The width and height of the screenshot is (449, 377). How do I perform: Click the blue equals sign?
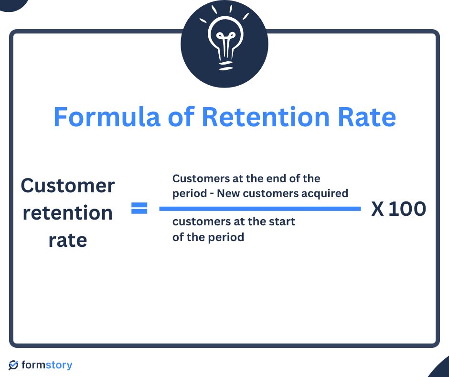click(139, 209)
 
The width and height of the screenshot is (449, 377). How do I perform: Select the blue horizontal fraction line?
click(260, 209)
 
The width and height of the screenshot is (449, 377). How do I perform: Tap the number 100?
click(407, 209)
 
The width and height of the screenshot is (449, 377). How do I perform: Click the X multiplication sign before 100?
click(378, 209)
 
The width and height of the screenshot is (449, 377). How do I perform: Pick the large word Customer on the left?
click(68, 186)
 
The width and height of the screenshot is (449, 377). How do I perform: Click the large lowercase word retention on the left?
click(68, 212)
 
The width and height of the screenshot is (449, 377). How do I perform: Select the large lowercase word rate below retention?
click(68, 240)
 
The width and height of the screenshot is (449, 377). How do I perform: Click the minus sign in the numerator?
click(211, 194)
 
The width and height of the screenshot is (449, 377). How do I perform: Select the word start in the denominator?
click(282, 222)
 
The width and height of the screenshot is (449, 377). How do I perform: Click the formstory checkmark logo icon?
click(14, 365)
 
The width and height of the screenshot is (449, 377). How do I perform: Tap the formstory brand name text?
click(47, 365)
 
